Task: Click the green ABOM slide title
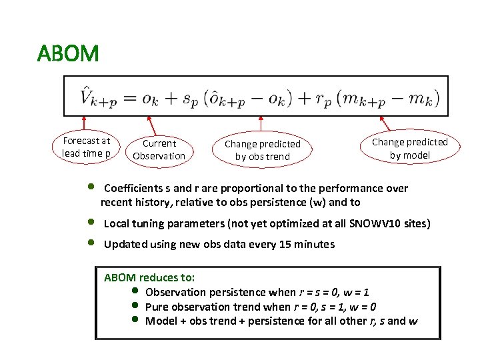68,53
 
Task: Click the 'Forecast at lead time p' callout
86,147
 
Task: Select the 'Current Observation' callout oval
159,150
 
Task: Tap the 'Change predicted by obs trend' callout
262,150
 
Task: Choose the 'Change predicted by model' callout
409,148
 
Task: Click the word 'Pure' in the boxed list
157,307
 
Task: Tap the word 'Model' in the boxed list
161,321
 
